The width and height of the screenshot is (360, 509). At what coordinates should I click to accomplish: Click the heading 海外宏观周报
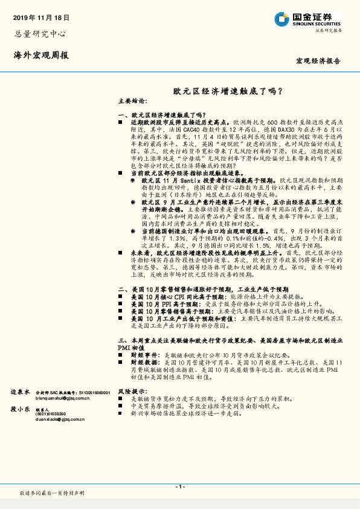40,56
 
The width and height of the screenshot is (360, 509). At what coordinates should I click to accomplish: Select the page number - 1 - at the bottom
179,487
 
